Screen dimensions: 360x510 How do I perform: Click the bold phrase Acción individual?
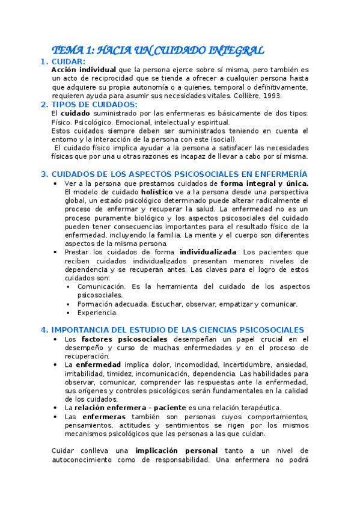point(84,70)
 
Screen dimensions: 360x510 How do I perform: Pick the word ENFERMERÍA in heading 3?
point(278,174)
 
